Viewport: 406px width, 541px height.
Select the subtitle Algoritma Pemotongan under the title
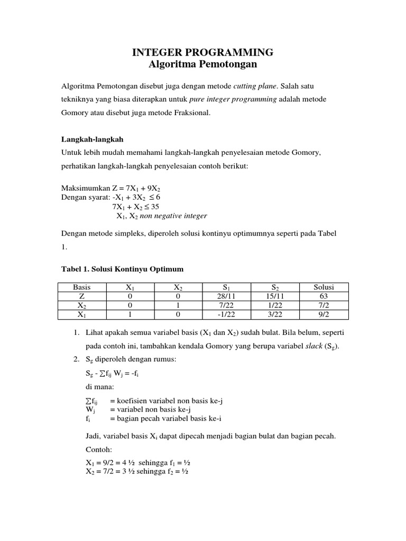(x=203, y=64)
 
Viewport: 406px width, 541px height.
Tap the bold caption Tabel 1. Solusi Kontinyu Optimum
(x=123, y=269)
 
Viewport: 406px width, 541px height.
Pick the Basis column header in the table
(x=82, y=287)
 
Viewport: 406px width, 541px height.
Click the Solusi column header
(x=324, y=287)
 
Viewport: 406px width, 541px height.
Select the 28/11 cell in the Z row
(x=226, y=296)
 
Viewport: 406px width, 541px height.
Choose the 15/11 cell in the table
(x=275, y=296)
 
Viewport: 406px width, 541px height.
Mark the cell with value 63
(x=324, y=296)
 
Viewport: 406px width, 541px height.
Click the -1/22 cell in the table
(x=226, y=314)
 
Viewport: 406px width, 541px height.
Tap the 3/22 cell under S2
(x=275, y=314)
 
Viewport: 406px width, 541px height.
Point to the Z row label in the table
(x=82, y=296)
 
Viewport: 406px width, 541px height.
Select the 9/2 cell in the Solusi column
(x=324, y=314)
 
